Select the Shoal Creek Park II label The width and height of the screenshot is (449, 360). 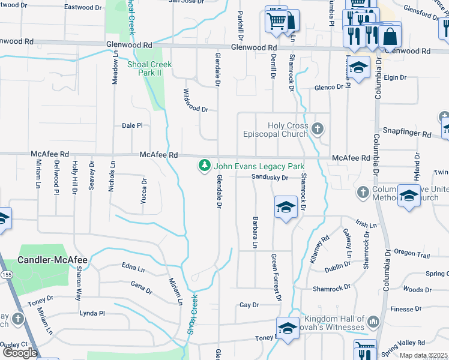149,68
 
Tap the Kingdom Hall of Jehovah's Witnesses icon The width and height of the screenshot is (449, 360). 373,322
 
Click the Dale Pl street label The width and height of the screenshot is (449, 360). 132,126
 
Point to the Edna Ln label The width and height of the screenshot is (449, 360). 133,268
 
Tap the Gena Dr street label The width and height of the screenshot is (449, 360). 141,288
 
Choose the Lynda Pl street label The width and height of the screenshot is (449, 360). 92,313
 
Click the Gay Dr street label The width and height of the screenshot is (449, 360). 249,305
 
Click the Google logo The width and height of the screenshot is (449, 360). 20,353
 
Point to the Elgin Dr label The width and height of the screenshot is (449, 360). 396,77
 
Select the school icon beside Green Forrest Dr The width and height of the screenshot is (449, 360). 286,208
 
